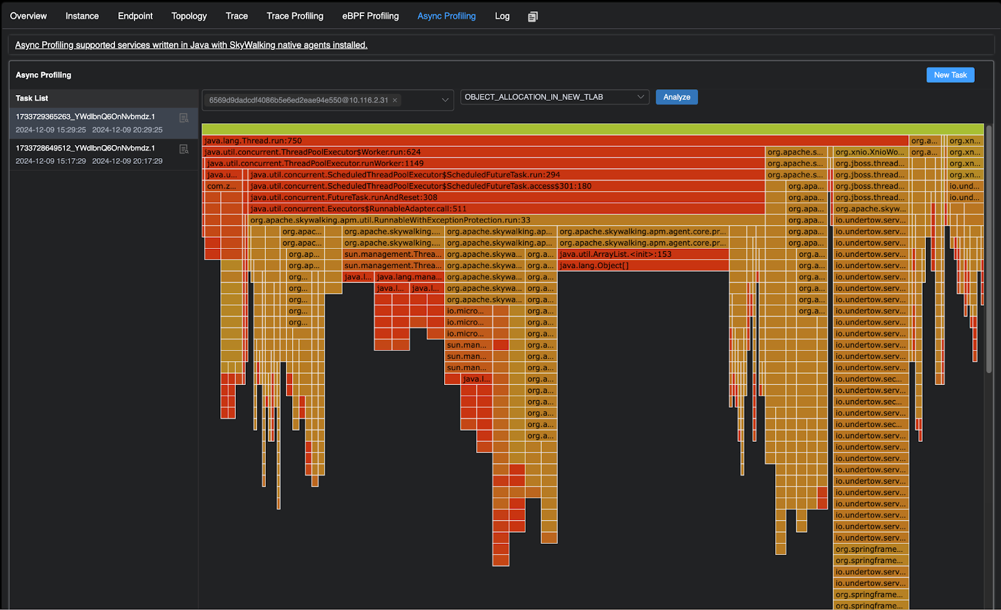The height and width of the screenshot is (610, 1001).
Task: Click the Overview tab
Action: point(28,16)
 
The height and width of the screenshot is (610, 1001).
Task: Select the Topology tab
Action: point(189,16)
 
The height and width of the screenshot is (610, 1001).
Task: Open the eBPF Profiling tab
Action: point(370,16)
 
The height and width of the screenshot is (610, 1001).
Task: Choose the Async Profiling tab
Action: point(446,16)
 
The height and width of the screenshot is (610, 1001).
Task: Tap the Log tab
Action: point(502,16)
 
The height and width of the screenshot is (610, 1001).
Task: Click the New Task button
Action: point(950,75)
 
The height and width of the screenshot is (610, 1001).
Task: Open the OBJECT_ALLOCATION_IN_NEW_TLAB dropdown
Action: point(554,97)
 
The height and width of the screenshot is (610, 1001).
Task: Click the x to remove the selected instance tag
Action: point(395,100)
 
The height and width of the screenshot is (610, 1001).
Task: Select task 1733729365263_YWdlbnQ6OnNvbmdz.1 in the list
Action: point(85,117)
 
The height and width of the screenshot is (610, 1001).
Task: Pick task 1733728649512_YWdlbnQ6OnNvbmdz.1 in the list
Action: point(85,148)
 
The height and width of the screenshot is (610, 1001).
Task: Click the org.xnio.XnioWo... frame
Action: point(870,152)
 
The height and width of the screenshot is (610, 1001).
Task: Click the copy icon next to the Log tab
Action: point(532,17)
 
